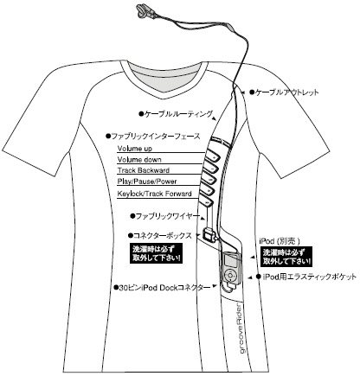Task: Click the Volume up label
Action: [135, 149]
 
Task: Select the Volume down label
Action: [139, 160]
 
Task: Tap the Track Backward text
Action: [144, 170]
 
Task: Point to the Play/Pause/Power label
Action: [147, 182]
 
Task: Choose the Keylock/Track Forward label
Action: [154, 194]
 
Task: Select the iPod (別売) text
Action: [280, 241]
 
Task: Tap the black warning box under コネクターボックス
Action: [157, 253]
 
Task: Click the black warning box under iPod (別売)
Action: [286, 257]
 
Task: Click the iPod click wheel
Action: [230, 275]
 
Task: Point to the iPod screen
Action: [231, 261]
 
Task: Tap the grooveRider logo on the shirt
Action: [240, 328]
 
